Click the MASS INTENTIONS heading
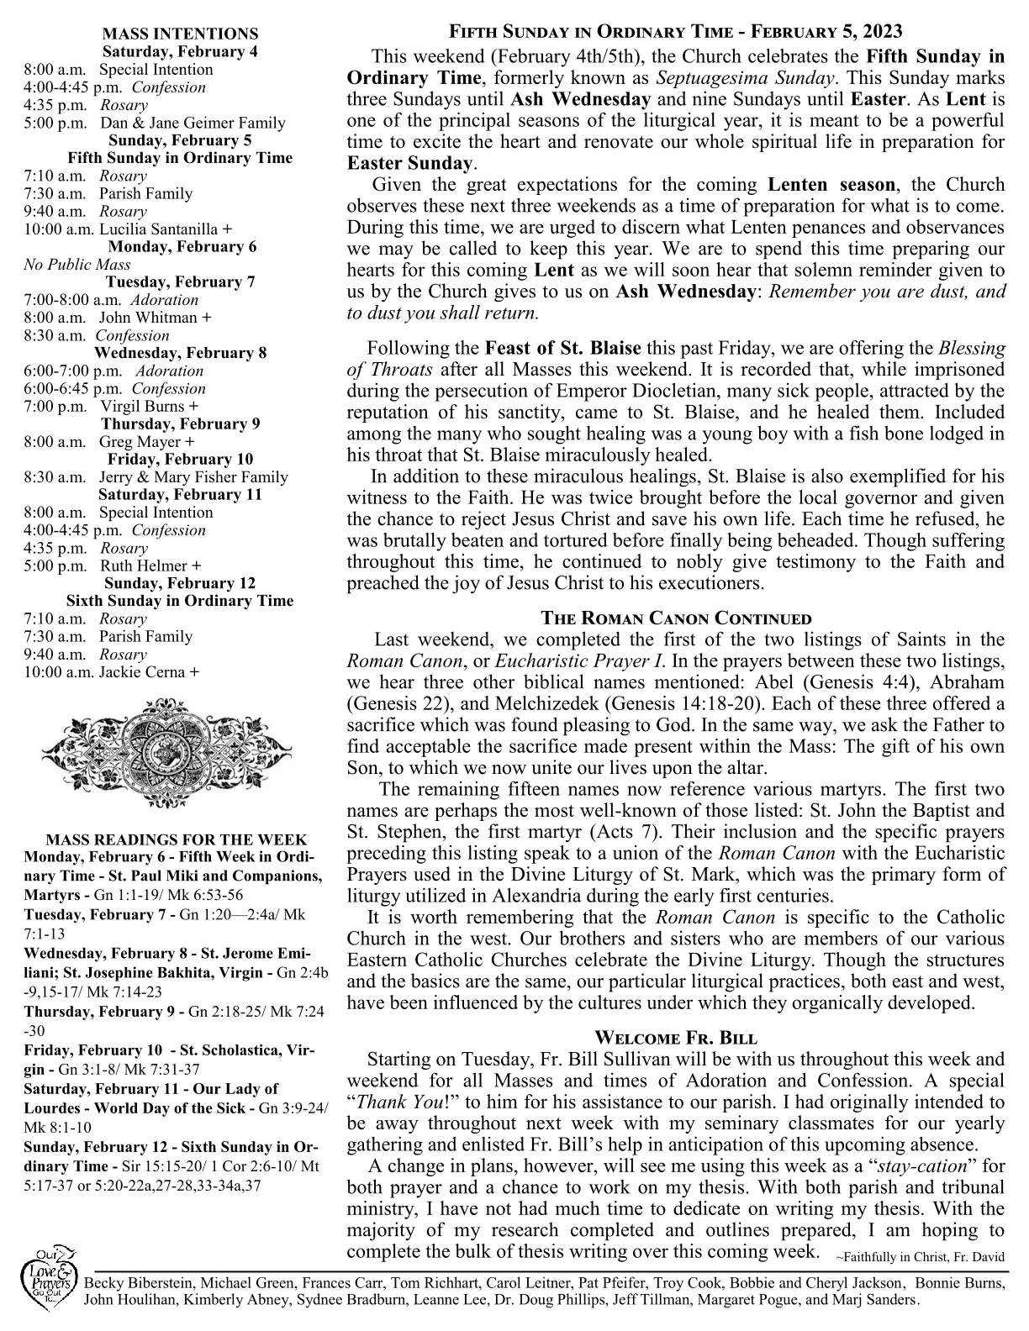pos(180,34)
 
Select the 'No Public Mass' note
pos(77,265)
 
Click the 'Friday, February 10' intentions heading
pos(180,459)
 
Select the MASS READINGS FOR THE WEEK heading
pos(177,839)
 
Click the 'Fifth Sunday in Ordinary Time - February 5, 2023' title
pos(676,32)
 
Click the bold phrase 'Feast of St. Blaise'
pos(563,348)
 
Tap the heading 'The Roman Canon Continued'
pos(676,619)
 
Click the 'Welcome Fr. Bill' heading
pos(676,1036)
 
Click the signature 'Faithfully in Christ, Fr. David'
pos(921,1258)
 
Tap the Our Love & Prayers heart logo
pos(48,1286)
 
